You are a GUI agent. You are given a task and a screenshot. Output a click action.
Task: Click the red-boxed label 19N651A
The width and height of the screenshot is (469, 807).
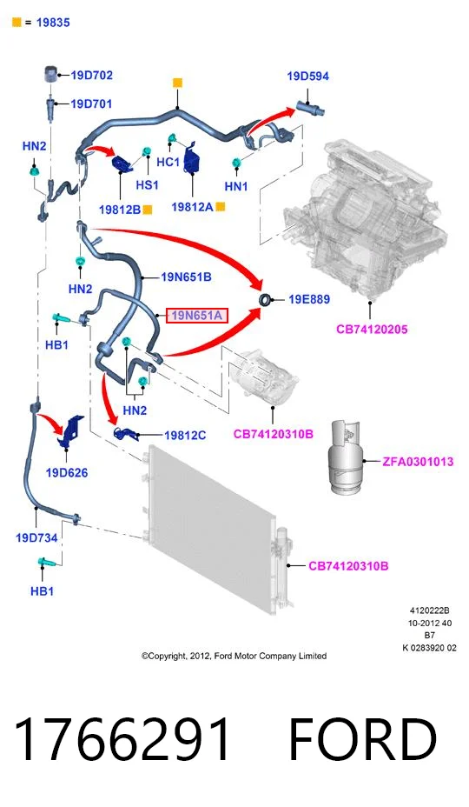pyautogui.click(x=196, y=315)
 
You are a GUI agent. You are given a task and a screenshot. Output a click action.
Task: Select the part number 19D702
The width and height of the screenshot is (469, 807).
pyautogui.click(x=91, y=75)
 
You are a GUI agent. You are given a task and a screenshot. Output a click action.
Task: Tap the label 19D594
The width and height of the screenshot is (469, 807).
pyautogui.click(x=308, y=77)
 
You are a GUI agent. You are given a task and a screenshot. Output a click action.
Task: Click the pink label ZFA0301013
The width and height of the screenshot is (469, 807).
pyautogui.click(x=418, y=461)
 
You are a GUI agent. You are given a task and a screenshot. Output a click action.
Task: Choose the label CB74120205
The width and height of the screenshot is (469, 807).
pyautogui.click(x=372, y=329)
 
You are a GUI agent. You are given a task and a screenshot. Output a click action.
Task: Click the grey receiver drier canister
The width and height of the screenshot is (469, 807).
pyautogui.click(x=346, y=457)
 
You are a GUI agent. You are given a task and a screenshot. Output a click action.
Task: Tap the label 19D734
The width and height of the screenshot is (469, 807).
pyautogui.click(x=36, y=537)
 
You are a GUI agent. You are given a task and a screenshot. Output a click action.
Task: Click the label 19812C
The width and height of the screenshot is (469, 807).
pyautogui.click(x=185, y=436)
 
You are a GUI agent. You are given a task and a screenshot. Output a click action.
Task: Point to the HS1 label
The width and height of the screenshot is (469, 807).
pyautogui.click(x=147, y=184)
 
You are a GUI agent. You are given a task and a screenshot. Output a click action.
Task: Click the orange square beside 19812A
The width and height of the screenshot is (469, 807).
pyautogui.click(x=220, y=207)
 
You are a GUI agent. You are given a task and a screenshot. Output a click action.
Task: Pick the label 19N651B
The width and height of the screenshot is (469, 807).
pyautogui.click(x=186, y=277)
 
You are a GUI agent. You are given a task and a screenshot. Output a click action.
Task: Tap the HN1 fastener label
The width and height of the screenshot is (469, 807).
pyautogui.click(x=236, y=186)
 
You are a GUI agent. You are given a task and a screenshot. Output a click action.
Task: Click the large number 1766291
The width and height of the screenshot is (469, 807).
pyautogui.click(x=122, y=738)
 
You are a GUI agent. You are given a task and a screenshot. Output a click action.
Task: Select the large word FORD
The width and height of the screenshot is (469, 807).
pyautogui.click(x=363, y=738)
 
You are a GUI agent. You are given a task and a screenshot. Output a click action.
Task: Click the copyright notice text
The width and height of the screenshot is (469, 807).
pyautogui.click(x=234, y=656)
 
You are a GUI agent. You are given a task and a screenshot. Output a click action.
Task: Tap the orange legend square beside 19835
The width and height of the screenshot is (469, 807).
pyautogui.click(x=17, y=22)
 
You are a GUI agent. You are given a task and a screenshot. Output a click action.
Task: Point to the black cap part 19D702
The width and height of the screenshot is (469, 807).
pyautogui.click(x=50, y=74)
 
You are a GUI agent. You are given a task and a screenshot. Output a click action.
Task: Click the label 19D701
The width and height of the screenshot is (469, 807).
pyautogui.click(x=91, y=104)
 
